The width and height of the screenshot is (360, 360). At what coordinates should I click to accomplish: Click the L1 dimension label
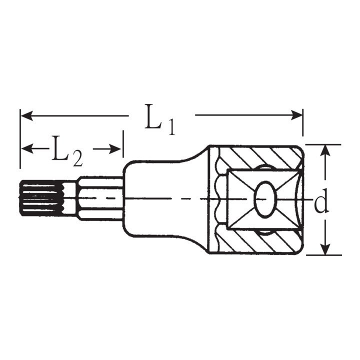pos(160,119)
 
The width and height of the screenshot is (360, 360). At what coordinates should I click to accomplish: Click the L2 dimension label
pos(67,151)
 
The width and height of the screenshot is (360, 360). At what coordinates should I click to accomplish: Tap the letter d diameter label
pos(321,201)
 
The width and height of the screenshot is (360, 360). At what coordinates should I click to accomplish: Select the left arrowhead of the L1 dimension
pos(26,115)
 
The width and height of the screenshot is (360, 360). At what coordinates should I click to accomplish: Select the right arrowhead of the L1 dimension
pos(296,115)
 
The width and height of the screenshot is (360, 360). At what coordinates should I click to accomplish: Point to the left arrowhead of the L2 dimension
pos(27,149)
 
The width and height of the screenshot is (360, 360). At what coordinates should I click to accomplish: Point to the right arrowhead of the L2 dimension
pos(115,149)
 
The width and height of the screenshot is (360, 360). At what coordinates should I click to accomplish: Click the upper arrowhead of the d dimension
pos(325,151)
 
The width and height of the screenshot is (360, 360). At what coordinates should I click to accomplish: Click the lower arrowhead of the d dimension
pos(325,248)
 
